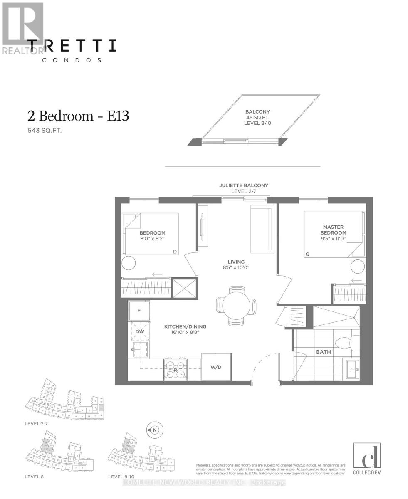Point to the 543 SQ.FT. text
(45, 131)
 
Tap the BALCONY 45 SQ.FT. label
(257, 117)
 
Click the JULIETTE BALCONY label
(244, 185)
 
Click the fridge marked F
(139, 311)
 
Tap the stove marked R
(175, 369)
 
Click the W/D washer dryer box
(216, 367)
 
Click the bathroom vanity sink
(353, 368)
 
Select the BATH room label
(323, 352)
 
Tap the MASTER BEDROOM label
(333, 230)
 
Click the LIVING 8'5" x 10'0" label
(236, 264)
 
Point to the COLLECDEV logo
(361, 459)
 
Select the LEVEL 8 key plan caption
(34, 477)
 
